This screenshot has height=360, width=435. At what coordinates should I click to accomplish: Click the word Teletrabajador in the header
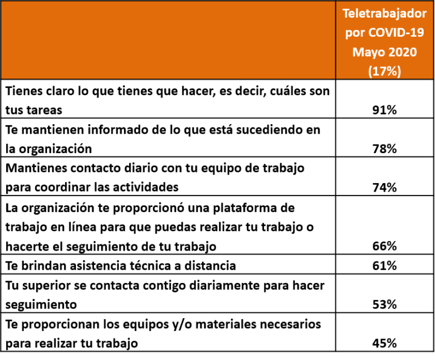pyautogui.click(x=385, y=13)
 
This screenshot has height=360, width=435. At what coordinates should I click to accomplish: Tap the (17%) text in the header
pyautogui.click(x=385, y=71)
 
